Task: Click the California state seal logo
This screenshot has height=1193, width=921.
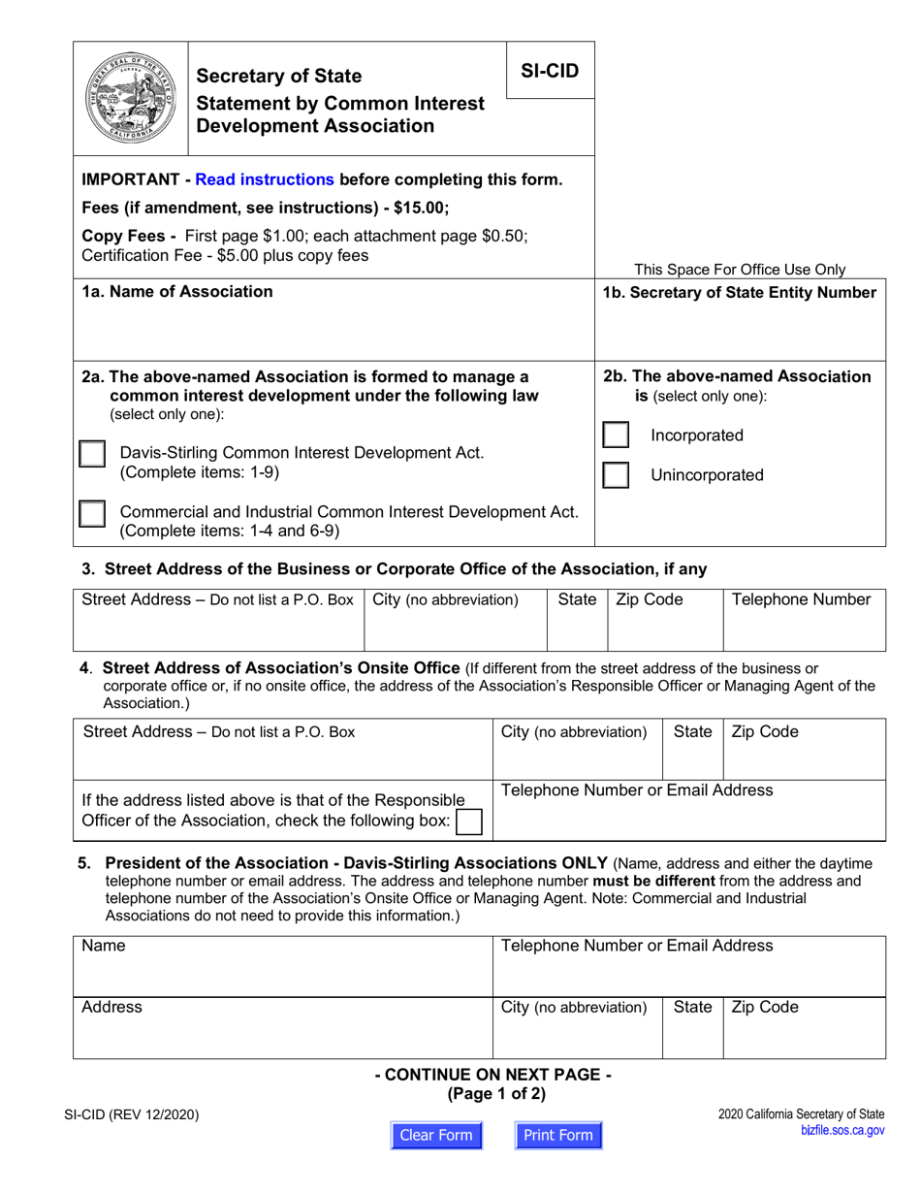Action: (x=129, y=99)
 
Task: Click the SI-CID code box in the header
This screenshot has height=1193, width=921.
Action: (x=550, y=70)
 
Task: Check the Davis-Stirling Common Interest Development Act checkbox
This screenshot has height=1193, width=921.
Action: (x=92, y=455)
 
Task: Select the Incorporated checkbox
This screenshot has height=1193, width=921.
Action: (x=616, y=435)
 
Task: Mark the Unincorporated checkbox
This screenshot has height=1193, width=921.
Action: (x=616, y=475)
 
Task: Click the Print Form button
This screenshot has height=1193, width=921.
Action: (x=557, y=1136)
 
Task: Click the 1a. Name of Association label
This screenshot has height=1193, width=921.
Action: (x=177, y=292)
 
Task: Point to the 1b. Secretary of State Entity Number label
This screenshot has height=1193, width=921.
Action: (x=739, y=292)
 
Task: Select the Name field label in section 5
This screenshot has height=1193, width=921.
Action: (x=104, y=946)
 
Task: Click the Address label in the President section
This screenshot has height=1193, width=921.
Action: (x=111, y=1008)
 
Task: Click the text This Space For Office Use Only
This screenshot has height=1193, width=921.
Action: (x=739, y=270)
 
